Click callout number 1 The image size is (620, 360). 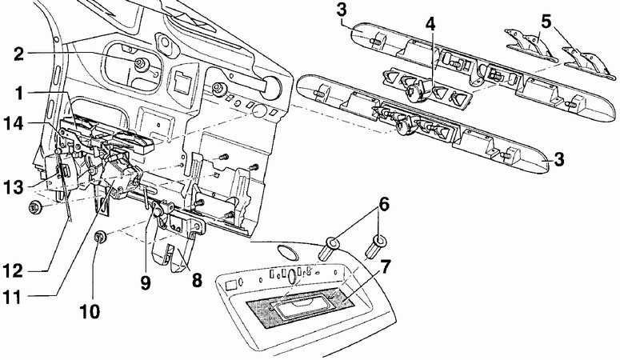pos(18,94)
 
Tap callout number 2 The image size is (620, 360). pos(18,54)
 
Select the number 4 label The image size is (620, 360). pos(430,24)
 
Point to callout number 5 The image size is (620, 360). pos(546,22)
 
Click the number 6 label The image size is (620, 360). pos(384,205)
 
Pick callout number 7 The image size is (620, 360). pos(384,268)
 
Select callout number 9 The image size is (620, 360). pos(146,282)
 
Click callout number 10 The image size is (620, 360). pos(90,311)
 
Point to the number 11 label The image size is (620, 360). pos(12,298)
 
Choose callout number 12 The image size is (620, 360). pos(14,271)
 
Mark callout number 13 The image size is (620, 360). pos(14,186)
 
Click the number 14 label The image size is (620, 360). pos(14,123)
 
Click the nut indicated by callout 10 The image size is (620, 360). pos(101,238)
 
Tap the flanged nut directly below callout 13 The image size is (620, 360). pos(36,207)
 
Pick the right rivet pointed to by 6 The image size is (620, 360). pos(377,246)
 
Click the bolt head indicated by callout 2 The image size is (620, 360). pos(141,65)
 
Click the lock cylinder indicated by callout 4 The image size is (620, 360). pos(416,94)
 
